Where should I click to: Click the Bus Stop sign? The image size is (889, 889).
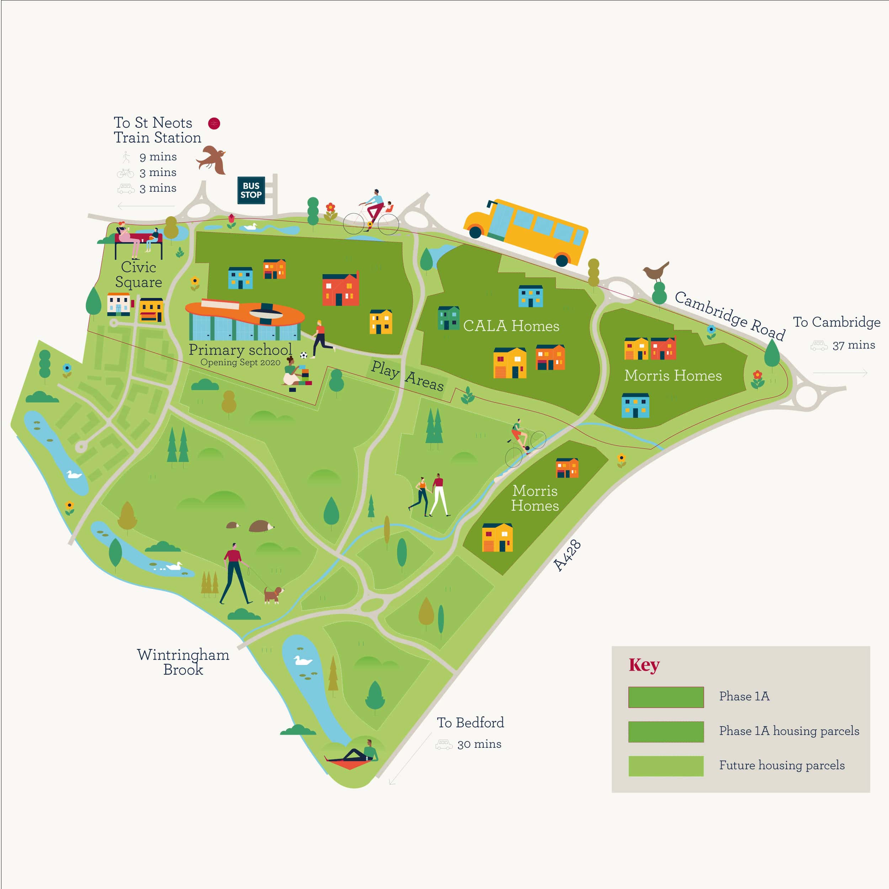click(x=251, y=190)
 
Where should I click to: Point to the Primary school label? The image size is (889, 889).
click(x=240, y=350)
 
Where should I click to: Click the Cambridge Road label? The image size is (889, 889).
click(x=729, y=316)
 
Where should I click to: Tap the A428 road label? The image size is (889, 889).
click(x=567, y=555)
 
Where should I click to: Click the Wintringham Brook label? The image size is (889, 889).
click(x=183, y=662)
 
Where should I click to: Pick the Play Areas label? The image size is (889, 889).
click(x=407, y=376)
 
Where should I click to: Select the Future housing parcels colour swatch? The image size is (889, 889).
click(x=665, y=766)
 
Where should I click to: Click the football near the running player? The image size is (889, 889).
click(x=303, y=355)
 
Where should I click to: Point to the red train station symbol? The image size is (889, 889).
click(x=214, y=123)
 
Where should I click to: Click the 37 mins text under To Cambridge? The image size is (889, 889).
click(x=853, y=345)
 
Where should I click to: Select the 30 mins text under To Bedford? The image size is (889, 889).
click(x=479, y=744)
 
